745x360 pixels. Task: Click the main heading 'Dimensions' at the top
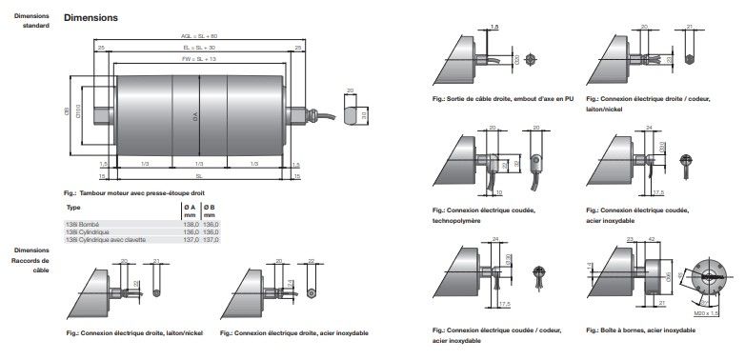(x=91, y=17)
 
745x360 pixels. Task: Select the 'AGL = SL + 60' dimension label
(x=199, y=36)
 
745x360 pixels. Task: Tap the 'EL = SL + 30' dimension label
(x=199, y=46)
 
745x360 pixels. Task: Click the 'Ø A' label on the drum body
(x=195, y=116)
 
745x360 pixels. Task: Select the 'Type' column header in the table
(x=73, y=207)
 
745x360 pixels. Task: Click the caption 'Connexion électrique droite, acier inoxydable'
(x=293, y=332)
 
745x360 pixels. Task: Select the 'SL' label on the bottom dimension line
(x=198, y=175)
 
